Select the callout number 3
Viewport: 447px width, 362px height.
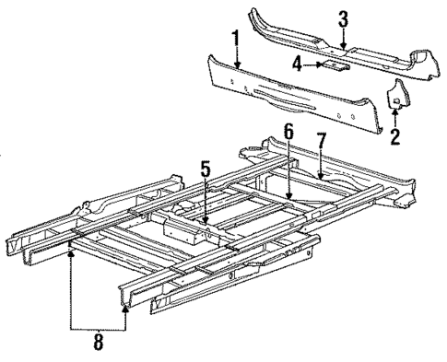pos(342,19)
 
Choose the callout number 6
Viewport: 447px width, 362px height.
pos(288,133)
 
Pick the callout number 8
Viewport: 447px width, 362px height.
pos(99,345)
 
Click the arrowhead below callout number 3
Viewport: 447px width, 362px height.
pos(342,42)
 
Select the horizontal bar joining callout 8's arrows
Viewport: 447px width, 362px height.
pos(99,329)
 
